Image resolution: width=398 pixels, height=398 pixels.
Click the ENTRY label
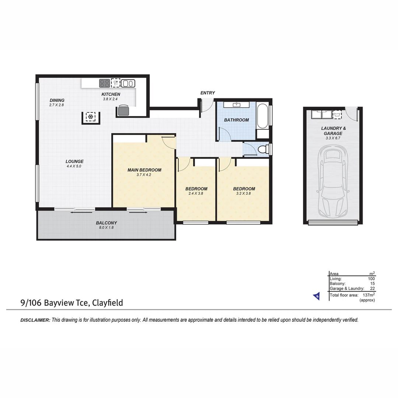(x=207, y=93)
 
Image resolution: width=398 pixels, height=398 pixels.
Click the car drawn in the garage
(x=333, y=181)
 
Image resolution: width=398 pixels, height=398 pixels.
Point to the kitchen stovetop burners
(x=104, y=83)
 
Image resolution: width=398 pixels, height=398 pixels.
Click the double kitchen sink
(x=128, y=83)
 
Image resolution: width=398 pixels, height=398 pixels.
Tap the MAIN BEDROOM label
(x=144, y=170)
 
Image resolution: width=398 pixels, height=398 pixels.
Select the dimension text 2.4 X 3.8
(x=196, y=193)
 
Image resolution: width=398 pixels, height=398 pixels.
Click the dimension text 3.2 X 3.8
(x=244, y=193)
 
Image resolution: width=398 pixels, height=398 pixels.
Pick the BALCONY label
(x=106, y=223)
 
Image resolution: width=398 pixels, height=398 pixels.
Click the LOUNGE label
(x=74, y=161)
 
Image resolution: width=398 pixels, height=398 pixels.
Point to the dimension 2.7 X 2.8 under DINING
(x=57, y=105)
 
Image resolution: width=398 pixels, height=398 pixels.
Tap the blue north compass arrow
(x=316, y=296)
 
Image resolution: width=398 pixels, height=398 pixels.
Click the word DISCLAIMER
(x=35, y=320)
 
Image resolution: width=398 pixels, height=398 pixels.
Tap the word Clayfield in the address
(x=108, y=303)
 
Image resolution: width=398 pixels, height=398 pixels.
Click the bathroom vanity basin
(x=237, y=105)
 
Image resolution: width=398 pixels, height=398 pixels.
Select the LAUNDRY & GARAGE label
(x=333, y=131)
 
